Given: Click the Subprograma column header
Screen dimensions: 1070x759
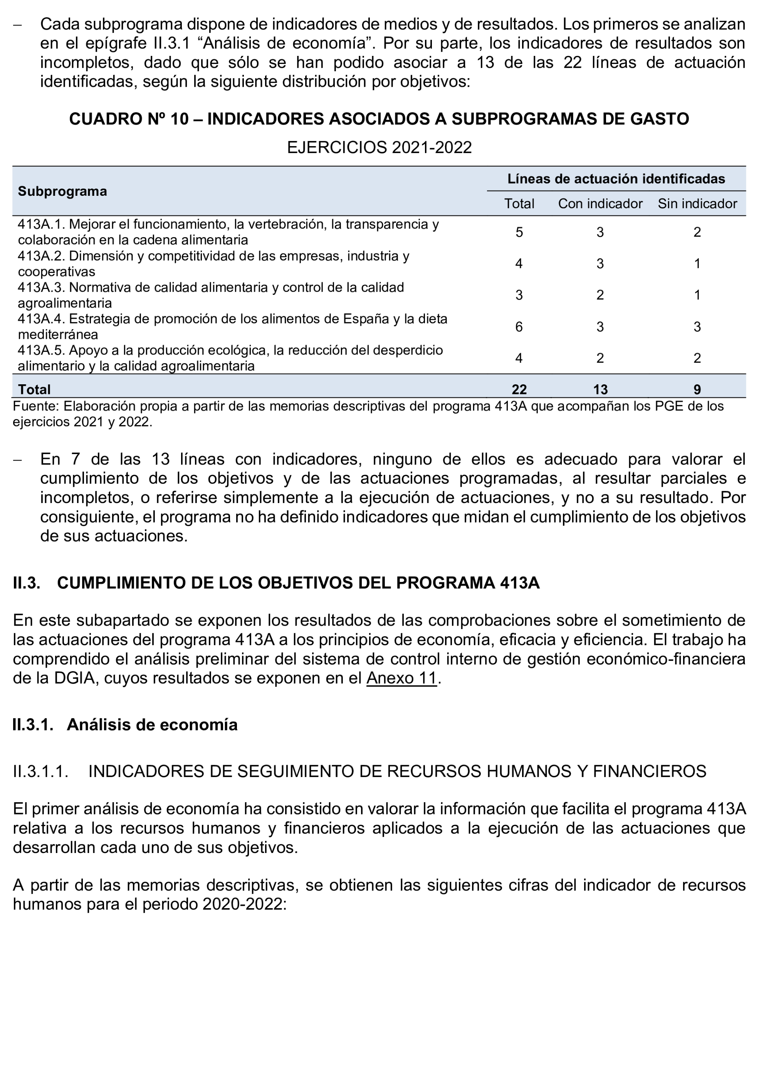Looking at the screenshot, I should tap(62, 191).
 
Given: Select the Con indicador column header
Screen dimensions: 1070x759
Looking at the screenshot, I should tap(600, 204).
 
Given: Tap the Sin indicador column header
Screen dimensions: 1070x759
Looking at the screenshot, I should tap(697, 204).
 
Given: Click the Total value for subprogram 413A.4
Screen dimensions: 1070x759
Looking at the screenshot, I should tap(519, 327).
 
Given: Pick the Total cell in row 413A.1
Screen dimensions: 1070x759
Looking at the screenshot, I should tap(519, 232).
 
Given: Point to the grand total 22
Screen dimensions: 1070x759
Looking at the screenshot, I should tap(519, 389).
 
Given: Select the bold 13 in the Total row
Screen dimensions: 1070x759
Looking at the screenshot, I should tap(600, 389).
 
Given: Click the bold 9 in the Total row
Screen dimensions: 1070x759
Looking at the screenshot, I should tap(697, 389).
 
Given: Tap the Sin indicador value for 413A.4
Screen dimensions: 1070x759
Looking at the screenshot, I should tap(697, 327).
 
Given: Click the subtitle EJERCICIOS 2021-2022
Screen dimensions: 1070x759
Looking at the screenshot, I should tap(379, 148).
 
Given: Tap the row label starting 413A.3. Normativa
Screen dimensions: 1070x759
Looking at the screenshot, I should tap(210, 295).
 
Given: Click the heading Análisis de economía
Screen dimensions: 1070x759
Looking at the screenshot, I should tap(152, 725).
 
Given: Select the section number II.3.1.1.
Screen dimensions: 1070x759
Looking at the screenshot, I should tap(41, 771).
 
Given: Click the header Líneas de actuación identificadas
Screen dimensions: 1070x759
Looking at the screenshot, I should tap(616, 179).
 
